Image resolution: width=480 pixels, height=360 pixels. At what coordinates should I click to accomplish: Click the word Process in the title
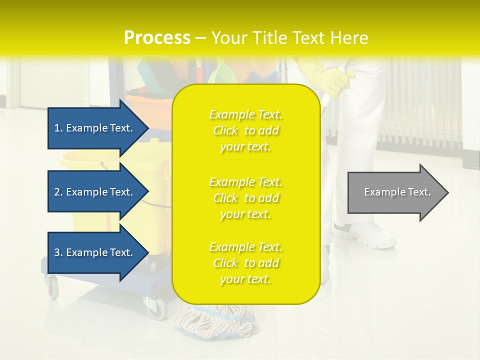point(157,37)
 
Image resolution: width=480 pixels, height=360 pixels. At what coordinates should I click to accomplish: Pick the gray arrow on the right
point(397,192)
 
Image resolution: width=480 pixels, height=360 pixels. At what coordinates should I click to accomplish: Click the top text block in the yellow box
point(245,130)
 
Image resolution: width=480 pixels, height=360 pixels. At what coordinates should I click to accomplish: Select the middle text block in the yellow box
point(245,198)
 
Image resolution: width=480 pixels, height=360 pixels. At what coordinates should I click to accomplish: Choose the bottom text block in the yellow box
point(245,263)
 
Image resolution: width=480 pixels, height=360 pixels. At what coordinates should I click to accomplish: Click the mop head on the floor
point(215,320)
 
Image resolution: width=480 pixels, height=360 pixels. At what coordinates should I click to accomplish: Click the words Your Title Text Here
point(290,37)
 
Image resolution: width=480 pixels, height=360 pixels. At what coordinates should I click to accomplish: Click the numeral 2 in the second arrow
point(56,192)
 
